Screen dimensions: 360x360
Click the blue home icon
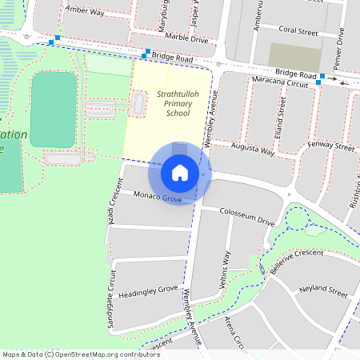(179, 172)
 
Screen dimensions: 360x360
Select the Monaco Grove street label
(158, 197)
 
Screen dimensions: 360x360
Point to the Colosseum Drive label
(247, 216)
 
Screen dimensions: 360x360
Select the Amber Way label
(86, 12)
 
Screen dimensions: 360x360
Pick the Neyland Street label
(322, 289)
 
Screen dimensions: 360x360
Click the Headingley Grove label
(148, 290)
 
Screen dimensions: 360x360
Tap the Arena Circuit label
(234, 331)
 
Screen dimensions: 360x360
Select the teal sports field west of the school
(54, 110)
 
